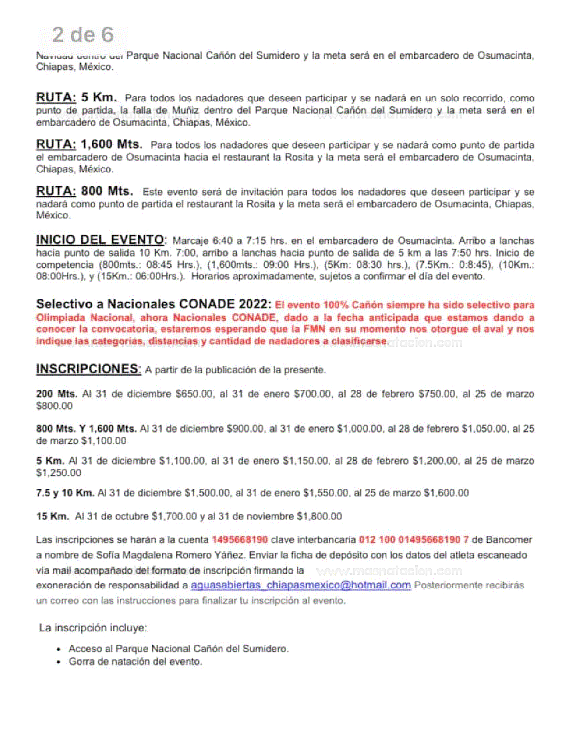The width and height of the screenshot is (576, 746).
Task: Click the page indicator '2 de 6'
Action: [x=83, y=35]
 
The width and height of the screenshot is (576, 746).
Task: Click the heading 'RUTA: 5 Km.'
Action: [x=76, y=97]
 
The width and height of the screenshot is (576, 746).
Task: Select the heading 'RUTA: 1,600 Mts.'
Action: [x=89, y=145]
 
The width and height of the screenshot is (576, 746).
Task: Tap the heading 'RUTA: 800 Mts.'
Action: [x=84, y=191]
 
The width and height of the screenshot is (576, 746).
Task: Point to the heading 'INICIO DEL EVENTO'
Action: [x=100, y=240]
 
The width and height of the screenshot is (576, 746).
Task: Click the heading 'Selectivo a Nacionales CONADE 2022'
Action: [x=153, y=303]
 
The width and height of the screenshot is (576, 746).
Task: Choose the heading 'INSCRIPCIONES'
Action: [x=88, y=368]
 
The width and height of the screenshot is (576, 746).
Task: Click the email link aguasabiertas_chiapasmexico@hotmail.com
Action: [x=300, y=585]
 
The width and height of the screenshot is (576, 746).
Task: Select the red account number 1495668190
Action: [x=239, y=539]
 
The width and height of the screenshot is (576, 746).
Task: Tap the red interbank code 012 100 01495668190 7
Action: [x=413, y=539]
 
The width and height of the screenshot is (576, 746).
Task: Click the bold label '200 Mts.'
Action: [x=56, y=394]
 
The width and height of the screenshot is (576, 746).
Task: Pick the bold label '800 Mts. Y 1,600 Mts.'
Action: [x=86, y=428]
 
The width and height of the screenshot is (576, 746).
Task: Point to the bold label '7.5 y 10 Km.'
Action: [x=65, y=492]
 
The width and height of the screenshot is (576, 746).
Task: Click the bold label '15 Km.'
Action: [x=52, y=516]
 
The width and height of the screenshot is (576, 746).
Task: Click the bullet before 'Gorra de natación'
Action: [x=59, y=662]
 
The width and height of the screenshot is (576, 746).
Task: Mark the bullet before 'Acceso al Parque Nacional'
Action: [x=59, y=649]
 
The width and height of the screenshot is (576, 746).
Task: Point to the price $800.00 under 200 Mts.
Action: [x=54, y=406]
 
